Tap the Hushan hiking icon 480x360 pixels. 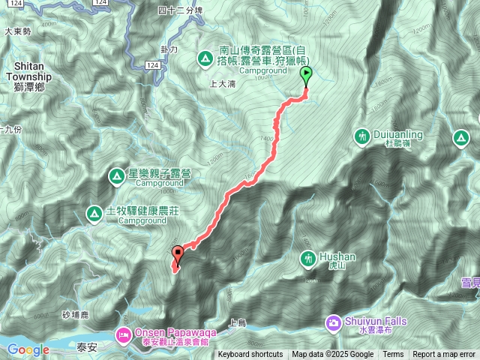click(307, 259)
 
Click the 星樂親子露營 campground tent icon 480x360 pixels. click(117, 176)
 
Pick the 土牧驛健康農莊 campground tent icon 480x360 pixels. click(94, 213)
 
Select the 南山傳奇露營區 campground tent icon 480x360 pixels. click(204, 58)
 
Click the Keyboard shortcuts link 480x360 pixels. click(250, 355)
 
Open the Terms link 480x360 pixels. click(393, 355)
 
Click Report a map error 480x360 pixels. click(443, 355)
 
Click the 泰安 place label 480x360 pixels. click(87, 347)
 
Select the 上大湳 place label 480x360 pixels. click(223, 85)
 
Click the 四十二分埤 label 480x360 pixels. click(181, 9)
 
